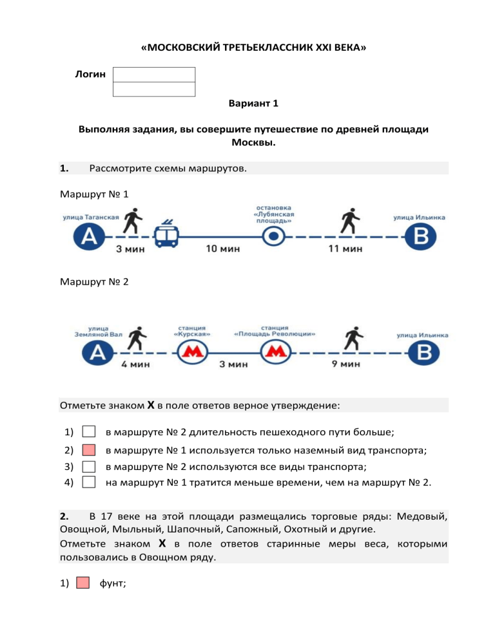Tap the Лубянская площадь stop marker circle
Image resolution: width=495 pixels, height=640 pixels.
pos(274,238)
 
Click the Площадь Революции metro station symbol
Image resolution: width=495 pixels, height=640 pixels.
pos(275,352)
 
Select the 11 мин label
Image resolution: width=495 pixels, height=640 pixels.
pos(344,249)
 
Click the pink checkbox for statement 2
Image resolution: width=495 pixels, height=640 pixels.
pos(90,449)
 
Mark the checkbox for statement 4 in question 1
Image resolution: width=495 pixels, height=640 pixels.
pos(90,481)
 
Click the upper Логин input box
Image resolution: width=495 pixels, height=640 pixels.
pos(154,75)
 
